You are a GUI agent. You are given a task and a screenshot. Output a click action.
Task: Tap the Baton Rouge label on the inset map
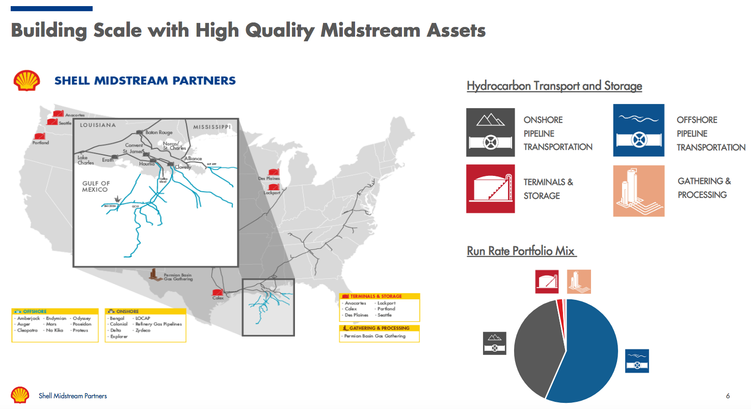click(x=158, y=132)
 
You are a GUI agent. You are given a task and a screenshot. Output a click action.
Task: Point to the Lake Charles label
click(x=86, y=160)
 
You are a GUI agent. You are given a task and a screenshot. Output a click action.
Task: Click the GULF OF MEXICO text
click(x=96, y=186)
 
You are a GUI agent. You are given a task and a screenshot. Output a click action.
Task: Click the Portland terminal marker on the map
click(x=40, y=136)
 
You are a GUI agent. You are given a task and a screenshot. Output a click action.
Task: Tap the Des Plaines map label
click(x=269, y=178)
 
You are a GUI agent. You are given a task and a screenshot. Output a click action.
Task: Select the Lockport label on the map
click(x=272, y=193)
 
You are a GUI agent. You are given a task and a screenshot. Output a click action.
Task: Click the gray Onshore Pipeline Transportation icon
click(x=490, y=133)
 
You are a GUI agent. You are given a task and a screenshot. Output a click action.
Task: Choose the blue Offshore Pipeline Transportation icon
click(x=638, y=131)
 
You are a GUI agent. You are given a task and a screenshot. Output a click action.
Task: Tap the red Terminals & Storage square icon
click(x=490, y=189)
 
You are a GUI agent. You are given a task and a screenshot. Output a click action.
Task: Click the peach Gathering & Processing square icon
click(x=638, y=191)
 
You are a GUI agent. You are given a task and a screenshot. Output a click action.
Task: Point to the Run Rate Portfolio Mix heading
click(x=521, y=251)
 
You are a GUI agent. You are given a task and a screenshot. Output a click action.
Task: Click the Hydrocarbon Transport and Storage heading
click(x=554, y=86)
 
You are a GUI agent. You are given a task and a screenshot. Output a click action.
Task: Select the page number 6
click(x=728, y=396)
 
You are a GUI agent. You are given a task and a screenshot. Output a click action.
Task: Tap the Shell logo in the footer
click(x=20, y=395)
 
